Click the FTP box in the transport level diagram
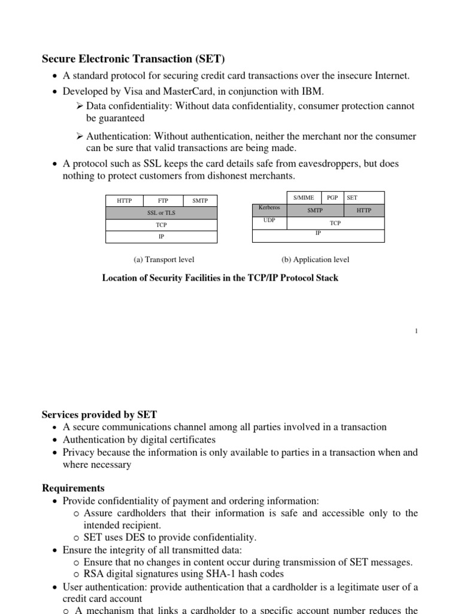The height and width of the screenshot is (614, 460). point(162,201)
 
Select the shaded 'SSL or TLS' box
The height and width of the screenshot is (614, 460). point(162,213)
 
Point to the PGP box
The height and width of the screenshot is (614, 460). point(332,197)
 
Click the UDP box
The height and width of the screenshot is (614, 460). point(270,222)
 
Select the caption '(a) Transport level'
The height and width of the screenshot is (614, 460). point(164,260)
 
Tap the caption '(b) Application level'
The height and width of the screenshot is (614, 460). point(315,260)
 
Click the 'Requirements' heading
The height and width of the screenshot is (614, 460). point(73,488)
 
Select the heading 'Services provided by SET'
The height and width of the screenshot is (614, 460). point(99,414)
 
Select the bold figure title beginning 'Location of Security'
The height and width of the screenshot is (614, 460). point(220,278)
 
